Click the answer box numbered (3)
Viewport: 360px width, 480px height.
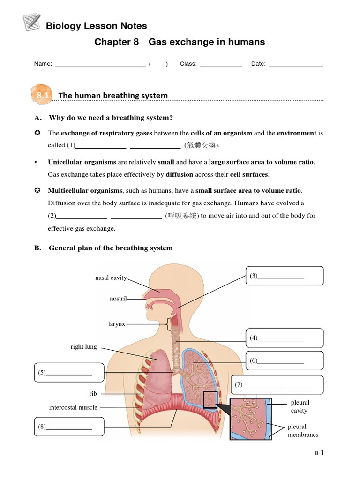(x=284, y=276)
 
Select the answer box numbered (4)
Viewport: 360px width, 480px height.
(x=284, y=337)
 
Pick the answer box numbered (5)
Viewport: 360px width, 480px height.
(x=69, y=373)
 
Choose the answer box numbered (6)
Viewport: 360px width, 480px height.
(x=284, y=360)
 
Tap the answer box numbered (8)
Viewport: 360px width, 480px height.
(x=69, y=427)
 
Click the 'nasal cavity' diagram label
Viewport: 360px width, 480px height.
(x=111, y=277)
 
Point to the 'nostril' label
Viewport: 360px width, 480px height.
(x=118, y=299)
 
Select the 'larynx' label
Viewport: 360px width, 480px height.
(x=117, y=324)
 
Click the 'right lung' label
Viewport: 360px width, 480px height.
(x=84, y=347)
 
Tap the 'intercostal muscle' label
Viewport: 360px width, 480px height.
(x=73, y=407)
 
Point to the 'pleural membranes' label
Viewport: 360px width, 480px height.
(x=303, y=430)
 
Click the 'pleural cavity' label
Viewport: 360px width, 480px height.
(x=300, y=406)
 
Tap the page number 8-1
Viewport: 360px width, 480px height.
(x=319, y=453)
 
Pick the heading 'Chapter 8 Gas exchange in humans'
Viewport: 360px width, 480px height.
(x=180, y=42)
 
